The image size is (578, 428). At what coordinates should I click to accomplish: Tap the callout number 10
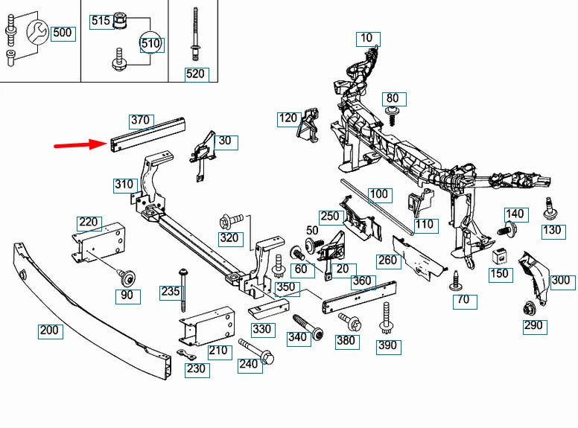366,38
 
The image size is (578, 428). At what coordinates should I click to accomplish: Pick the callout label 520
196,74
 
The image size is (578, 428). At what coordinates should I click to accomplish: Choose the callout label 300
561,281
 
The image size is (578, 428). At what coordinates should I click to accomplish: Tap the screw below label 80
392,114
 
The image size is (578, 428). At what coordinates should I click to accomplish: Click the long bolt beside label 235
182,290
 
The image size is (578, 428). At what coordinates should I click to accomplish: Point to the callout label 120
288,118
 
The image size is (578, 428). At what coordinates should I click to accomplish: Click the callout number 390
388,345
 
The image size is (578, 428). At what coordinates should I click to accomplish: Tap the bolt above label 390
387,319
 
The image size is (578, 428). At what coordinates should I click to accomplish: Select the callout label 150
499,274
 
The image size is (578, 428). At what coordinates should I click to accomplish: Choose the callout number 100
379,195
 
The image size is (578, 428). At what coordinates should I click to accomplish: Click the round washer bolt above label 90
127,278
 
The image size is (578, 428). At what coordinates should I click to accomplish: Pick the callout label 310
124,185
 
